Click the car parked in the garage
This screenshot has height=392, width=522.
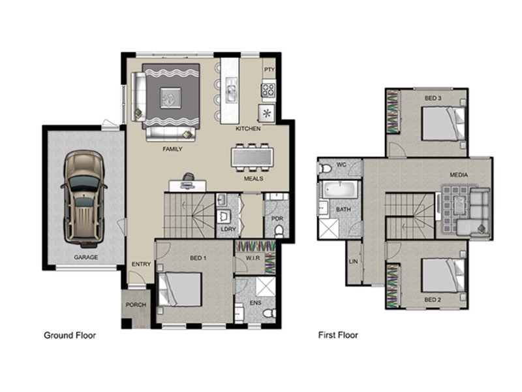84,199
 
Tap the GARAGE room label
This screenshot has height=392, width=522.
86,257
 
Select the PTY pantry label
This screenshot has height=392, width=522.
269,69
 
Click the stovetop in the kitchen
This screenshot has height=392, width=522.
268,90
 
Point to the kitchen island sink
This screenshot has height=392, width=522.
231,90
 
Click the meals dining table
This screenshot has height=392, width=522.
253,157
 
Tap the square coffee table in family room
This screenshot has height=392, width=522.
170,97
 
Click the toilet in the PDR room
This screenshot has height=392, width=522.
279,231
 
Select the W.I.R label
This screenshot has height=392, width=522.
253,258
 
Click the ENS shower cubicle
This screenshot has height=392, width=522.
265,286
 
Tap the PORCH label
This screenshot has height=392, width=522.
136,304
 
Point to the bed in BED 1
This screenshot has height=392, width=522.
180,289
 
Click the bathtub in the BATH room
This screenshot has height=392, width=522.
340,189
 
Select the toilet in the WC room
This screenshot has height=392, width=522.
325,169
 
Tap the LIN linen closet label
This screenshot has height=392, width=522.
353,261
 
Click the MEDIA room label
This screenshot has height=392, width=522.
459,174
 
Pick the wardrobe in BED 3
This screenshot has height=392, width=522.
393,112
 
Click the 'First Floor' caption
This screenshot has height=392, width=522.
338,335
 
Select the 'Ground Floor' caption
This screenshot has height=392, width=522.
70,335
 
